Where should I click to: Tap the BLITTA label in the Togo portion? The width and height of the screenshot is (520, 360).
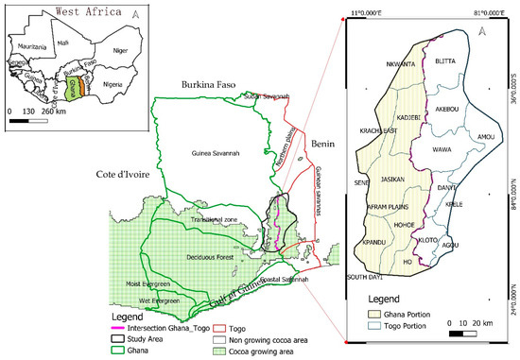click(x=445, y=61)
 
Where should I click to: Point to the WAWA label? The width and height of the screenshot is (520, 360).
click(x=442, y=149)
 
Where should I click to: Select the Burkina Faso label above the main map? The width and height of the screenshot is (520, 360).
click(x=219, y=83)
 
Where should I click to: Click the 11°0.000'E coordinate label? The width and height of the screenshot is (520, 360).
click(x=367, y=11)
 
